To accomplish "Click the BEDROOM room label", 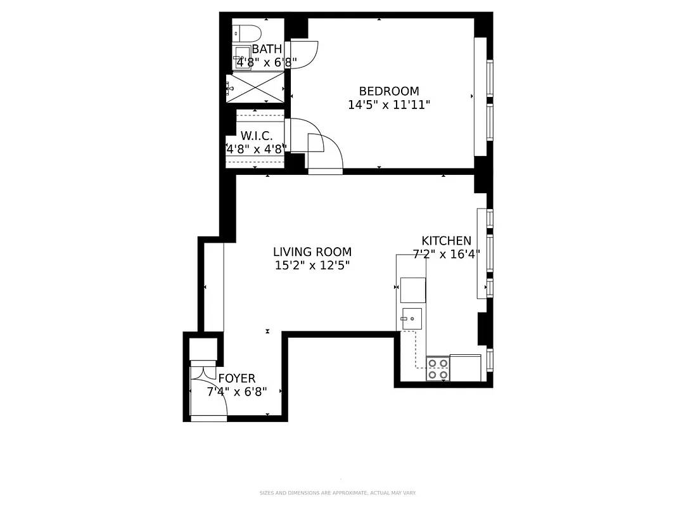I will (388, 91).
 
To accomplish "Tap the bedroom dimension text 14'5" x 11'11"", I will (388, 105).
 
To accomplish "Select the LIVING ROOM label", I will (312, 252).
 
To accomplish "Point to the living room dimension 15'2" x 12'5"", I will (312, 266).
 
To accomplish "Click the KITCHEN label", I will (446, 241).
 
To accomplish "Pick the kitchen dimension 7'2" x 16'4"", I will (446, 254).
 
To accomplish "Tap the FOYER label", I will (236, 379).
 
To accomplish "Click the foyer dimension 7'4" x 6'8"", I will (236, 392).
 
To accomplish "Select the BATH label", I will (267, 49).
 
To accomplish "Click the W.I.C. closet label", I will (257, 136).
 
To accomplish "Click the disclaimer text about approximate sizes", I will (337, 493).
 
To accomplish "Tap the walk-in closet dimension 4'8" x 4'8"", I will (257, 150).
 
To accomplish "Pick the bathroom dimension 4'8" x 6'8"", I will (266, 63).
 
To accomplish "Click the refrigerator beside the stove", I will (466, 368).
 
